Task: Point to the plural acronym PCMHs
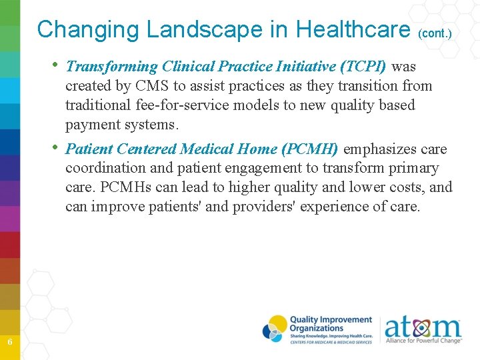click(x=129, y=187)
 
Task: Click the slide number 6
click(x=10, y=341)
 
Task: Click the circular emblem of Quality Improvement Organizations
click(x=275, y=328)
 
